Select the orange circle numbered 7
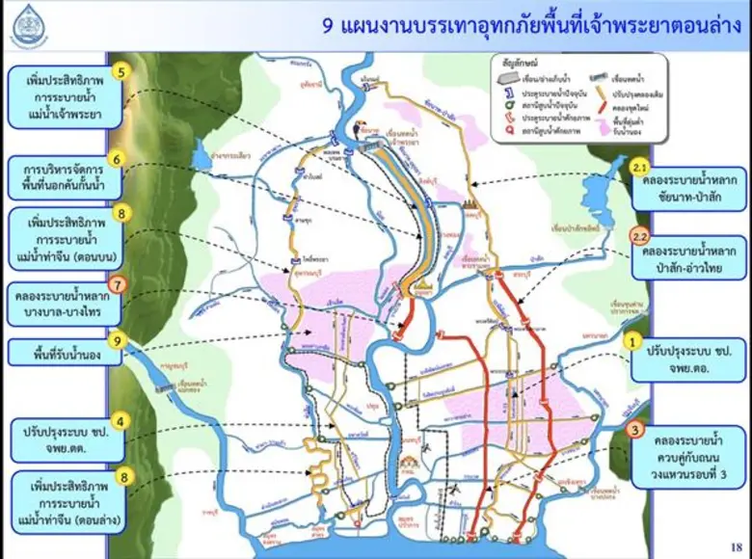(x=117, y=284)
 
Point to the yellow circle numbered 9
(x=117, y=340)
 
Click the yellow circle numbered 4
(x=120, y=421)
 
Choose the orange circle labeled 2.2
(x=639, y=235)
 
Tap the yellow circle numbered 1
(x=633, y=340)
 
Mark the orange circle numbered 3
(x=635, y=430)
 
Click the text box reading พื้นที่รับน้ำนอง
(x=67, y=354)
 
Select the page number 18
(x=737, y=546)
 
